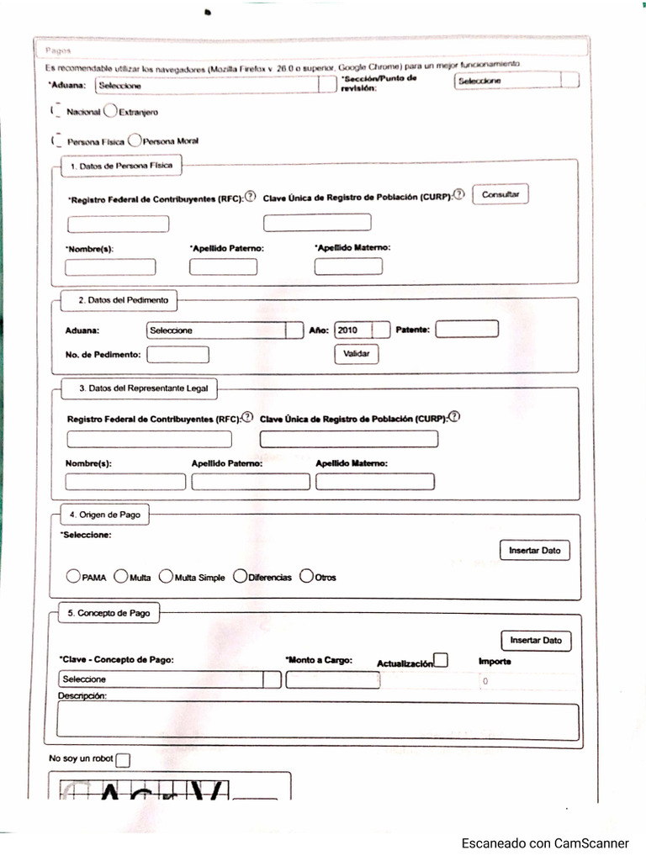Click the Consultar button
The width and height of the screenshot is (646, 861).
500,195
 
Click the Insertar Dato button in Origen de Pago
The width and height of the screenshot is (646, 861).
534,551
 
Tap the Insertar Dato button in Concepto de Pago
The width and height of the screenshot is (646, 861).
536,641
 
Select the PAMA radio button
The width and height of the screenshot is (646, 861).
74,577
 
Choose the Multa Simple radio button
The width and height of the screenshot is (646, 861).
166,577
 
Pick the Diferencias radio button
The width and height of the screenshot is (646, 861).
240,577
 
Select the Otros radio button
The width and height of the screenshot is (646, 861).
307,577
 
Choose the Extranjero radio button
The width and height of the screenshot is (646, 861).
110,111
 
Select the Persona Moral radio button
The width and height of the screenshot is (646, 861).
135,141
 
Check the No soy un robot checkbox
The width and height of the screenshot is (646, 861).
123,760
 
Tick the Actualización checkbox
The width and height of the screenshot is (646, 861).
441,661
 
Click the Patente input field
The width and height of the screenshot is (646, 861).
467,329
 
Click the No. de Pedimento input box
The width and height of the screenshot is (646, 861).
177,355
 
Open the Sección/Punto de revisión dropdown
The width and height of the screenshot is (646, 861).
516,81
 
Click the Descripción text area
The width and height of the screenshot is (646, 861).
318,721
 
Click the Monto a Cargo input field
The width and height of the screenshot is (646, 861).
332,680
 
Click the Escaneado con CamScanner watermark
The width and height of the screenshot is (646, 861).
544,843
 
